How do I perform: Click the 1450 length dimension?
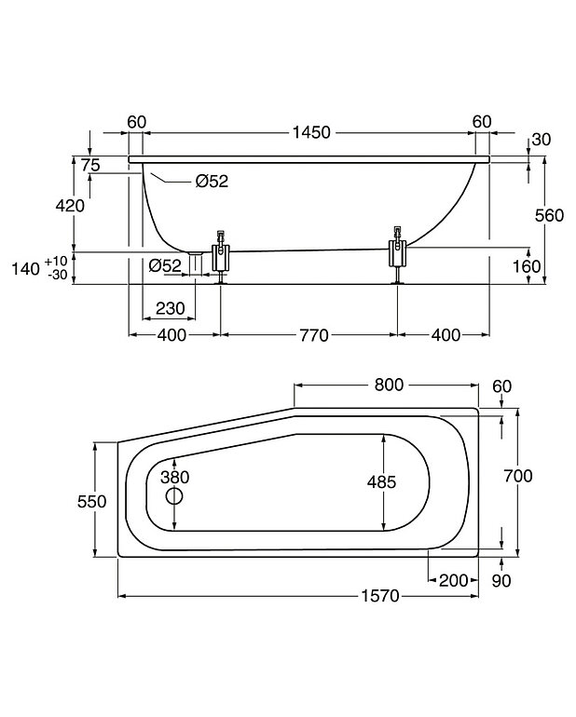coord(310,133)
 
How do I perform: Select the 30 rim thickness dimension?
coord(541,140)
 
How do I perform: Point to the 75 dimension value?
coord(89,165)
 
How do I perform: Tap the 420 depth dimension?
coord(71,206)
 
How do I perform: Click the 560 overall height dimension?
coord(551,215)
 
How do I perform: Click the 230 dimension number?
coord(170,309)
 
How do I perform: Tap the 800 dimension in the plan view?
coord(388,385)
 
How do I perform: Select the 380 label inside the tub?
coord(174,477)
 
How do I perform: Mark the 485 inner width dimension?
coord(382,481)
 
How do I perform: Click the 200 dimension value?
coord(452,581)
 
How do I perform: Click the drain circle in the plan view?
coord(174,496)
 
